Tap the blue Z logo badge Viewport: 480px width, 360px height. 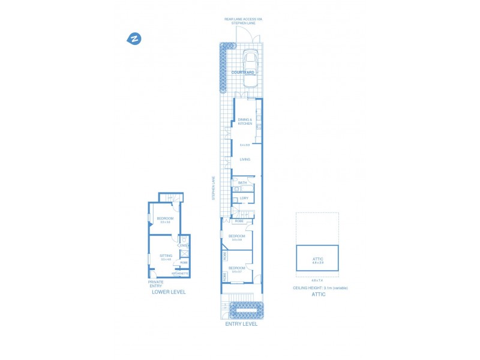(134, 39)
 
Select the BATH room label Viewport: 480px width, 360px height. (242, 182)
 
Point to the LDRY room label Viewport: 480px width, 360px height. (244, 198)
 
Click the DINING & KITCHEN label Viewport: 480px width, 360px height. (245, 121)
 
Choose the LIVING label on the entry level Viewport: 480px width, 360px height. (245, 160)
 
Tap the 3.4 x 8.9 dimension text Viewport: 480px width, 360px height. (245, 145)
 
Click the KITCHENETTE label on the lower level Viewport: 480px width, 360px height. (180, 274)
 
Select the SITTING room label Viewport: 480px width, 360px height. (166, 256)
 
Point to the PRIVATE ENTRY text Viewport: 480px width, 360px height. (155, 284)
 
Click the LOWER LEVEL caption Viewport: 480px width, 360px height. (169, 292)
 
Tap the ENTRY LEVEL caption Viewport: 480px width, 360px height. (241, 324)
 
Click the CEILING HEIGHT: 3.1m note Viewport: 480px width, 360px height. (320, 288)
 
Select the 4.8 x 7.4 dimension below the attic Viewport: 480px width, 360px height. (317, 280)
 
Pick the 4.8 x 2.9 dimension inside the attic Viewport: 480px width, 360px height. (317, 263)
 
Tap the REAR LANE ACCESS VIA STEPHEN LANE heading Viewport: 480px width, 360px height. (244, 21)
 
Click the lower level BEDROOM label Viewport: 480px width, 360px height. (164, 218)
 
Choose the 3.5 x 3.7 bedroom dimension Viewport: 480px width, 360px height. (236, 272)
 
